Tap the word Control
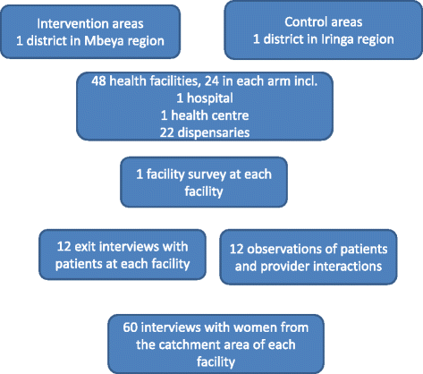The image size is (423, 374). tap(305, 23)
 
